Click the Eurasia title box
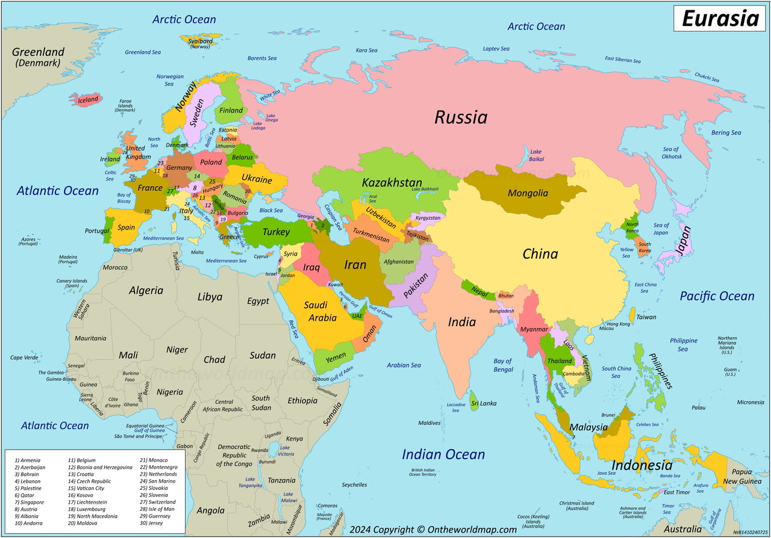click(x=719, y=18)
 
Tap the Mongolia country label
click(x=528, y=193)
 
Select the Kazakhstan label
click(x=392, y=182)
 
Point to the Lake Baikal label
click(x=536, y=155)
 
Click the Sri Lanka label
click(x=484, y=403)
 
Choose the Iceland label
click(x=88, y=100)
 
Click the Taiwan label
click(x=646, y=317)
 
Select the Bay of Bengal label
click(x=502, y=365)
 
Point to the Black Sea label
click(x=270, y=211)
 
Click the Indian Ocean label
click(x=443, y=454)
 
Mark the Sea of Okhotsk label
click(x=672, y=153)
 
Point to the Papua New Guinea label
click(x=746, y=477)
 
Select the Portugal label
click(x=97, y=231)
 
